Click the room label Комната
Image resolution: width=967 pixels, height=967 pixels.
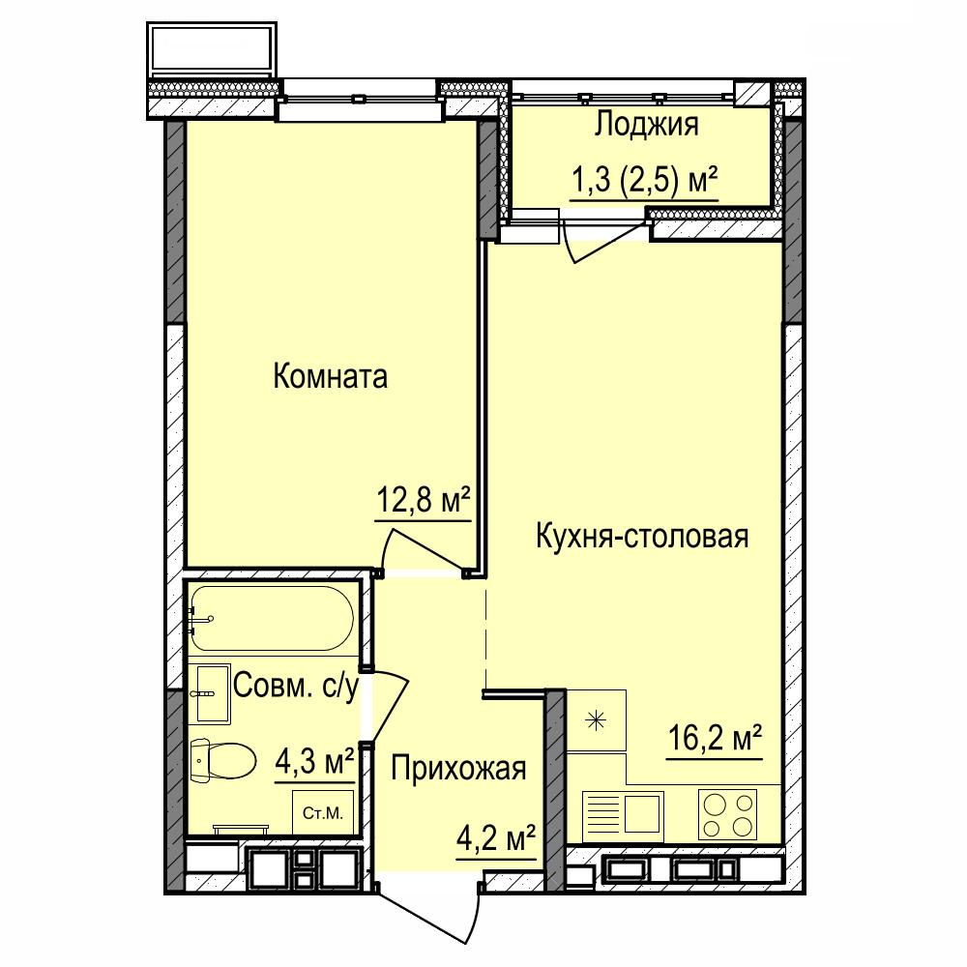[330, 376]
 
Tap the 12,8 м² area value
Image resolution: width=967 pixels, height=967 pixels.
[424, 501]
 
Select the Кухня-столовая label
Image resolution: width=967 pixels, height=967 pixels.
[642, 536]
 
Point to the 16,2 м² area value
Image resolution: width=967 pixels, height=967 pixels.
[716, 739]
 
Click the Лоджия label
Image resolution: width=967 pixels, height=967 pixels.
[646, 125]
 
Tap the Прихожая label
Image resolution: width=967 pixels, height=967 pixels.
[458, 769]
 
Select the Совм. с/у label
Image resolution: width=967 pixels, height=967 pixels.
[296, 686]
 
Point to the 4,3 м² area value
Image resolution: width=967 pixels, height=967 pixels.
[314, 763]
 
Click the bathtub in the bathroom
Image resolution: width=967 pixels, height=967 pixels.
[272, 618]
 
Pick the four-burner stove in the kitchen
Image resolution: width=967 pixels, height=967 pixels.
[728, 813]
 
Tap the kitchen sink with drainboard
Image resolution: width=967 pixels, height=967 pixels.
[623, 813]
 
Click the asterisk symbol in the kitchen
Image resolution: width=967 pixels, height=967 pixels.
[596, 720]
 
